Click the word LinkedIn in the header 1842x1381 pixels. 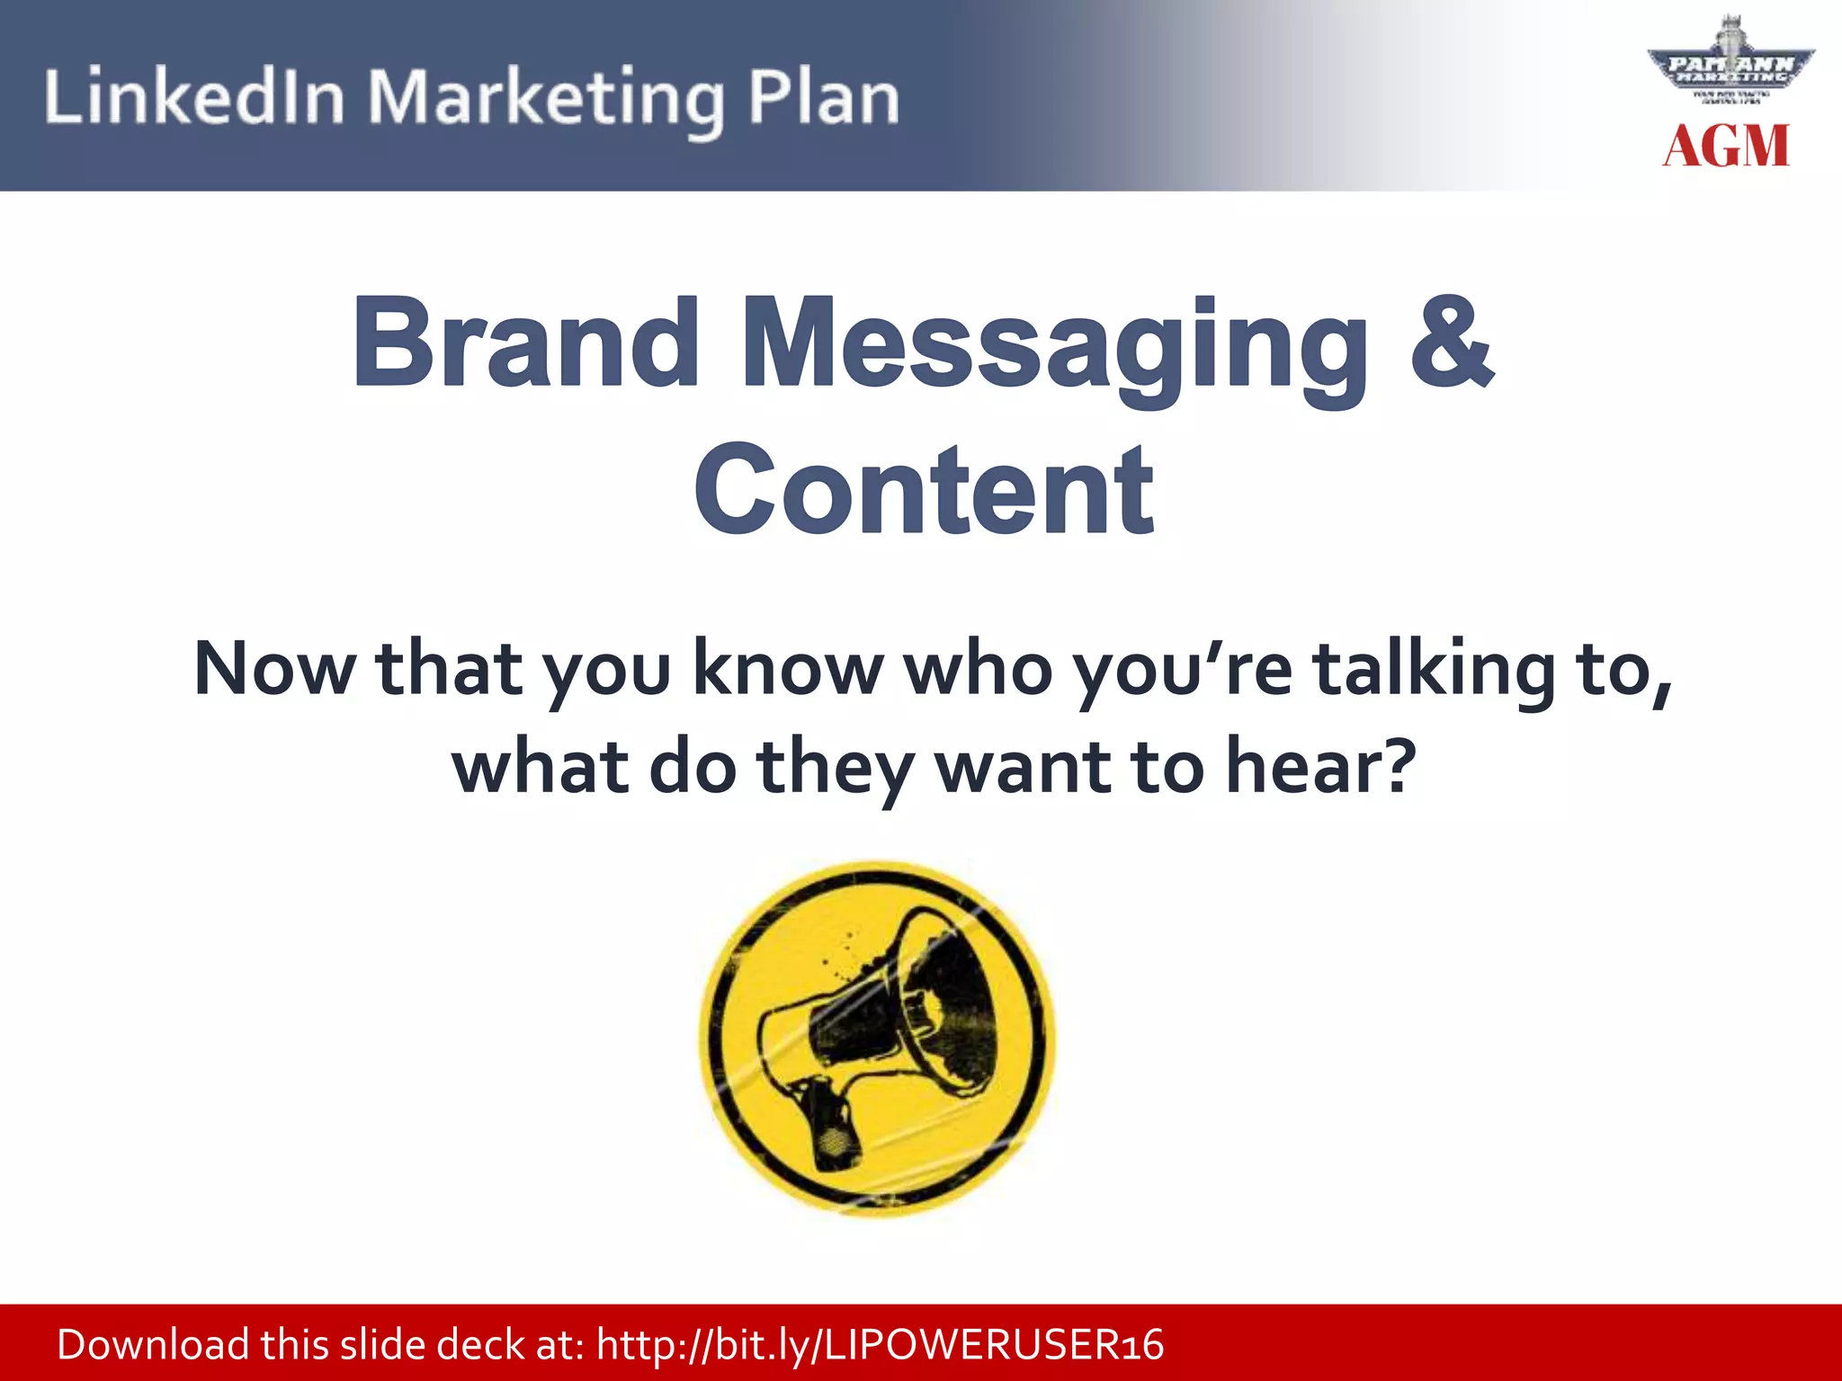click(194, 96)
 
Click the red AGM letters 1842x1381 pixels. click(1726, 146)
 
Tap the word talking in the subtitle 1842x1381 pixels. click(1434, 670)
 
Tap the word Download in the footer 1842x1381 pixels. click(153, 1345)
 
